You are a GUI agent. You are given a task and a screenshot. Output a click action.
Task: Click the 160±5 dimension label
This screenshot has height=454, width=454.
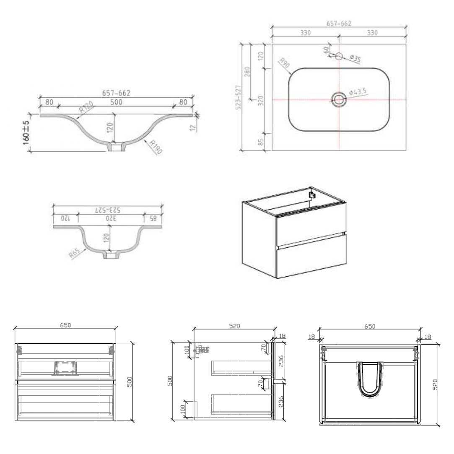click(26, 132)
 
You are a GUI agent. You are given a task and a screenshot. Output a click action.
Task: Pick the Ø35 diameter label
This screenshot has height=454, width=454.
click(355, 59)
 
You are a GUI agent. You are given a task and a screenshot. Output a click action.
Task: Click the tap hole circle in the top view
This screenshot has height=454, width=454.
click(339, 55)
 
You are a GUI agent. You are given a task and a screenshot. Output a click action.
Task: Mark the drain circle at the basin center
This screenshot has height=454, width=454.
click(338, 99)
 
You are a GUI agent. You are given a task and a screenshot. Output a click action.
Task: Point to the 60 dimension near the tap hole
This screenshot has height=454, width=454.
click(326, 49)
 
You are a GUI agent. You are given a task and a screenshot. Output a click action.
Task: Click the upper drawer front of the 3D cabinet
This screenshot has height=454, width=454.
click(311, 228)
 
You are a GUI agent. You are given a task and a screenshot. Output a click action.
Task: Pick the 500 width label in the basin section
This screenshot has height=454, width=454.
click(116, 101)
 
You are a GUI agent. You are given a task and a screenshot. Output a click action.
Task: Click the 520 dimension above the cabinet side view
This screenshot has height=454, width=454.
click(234, 326)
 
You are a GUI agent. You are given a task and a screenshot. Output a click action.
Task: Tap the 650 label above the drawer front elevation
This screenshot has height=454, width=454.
click(65, 325)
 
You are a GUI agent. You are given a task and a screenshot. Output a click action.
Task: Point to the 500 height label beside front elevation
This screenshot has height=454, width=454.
click(130, 382)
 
